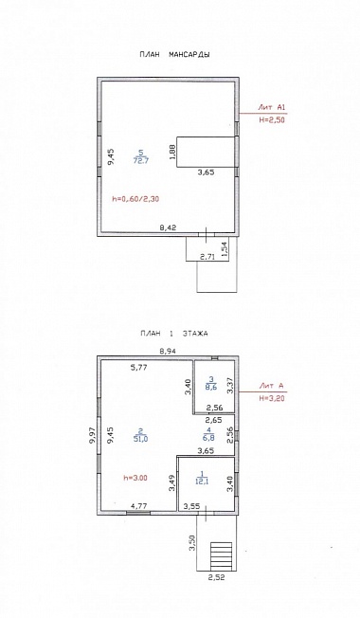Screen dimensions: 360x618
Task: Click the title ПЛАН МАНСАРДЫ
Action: pos(174,55)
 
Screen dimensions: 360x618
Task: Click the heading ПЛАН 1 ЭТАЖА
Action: pos(173,334)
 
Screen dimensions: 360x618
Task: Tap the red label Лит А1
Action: pos(271,107)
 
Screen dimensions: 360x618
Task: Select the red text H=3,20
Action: pos(272,398)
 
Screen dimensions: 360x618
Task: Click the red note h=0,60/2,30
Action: pos(135,199)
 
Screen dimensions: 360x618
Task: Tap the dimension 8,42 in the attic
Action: pos(168,227)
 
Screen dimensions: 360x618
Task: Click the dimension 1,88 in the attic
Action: pos(171,152)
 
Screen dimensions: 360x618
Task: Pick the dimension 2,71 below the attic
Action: pos(207,258)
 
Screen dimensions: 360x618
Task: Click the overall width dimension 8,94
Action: pos(168,350)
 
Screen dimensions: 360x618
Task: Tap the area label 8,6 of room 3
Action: pos(211,388)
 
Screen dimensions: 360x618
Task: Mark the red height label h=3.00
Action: pos(135,478)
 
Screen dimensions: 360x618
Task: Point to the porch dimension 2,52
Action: pos(216,578)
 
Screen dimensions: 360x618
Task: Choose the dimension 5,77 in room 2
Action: pos(139,368)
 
